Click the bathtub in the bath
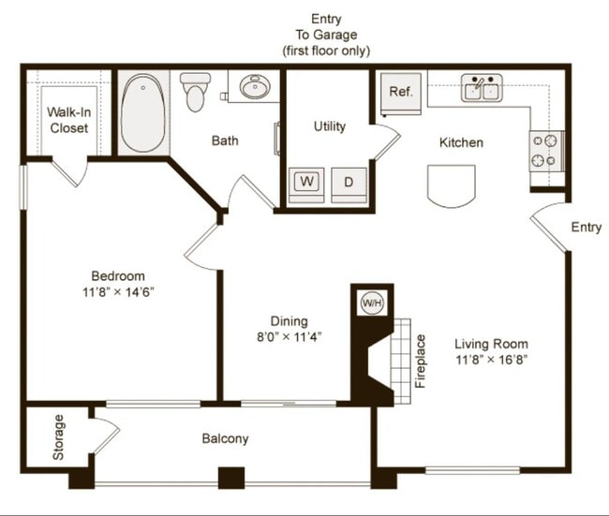142,113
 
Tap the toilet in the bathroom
195,92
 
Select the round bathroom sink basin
254,86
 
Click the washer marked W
306,184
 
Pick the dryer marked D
349,184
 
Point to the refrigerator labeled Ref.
401,94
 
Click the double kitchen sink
482,88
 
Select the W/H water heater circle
372,302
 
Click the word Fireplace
421,361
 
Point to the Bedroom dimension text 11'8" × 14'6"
118,292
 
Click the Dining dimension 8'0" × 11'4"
290,336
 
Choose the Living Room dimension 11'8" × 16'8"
491,360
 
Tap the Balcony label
225,438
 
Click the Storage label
58,437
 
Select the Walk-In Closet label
68,120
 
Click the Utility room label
330,126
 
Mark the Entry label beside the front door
587,228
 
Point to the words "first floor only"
326,51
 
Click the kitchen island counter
452,185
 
